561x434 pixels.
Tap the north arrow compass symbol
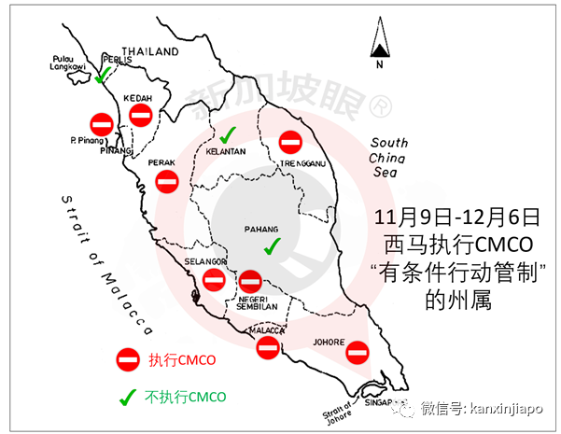(x=380, y=49)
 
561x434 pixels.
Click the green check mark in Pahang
(x=272, y=246)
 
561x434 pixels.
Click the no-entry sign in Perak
(x=166, y=180)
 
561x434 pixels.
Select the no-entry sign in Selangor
(x=214, y=279)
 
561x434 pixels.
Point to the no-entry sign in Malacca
(x=268, y=347)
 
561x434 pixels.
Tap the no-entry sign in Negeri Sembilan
(x=250, y=281)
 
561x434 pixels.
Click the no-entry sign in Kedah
(x=141, y=115)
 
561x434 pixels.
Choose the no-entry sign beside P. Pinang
(x=102, y=122)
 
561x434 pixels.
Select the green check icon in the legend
(x=127, y=395)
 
